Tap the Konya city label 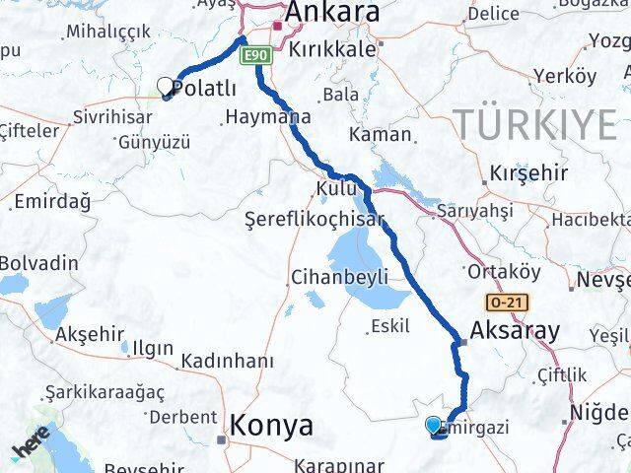coord(271,426)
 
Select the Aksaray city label coord(514,331)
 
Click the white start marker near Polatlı coord(166,88)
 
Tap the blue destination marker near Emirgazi coord(434,426)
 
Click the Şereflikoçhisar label coord(315,221)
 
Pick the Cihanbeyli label coord(339,277)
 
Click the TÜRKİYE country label coord(534,124)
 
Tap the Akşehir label coord(87,335)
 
